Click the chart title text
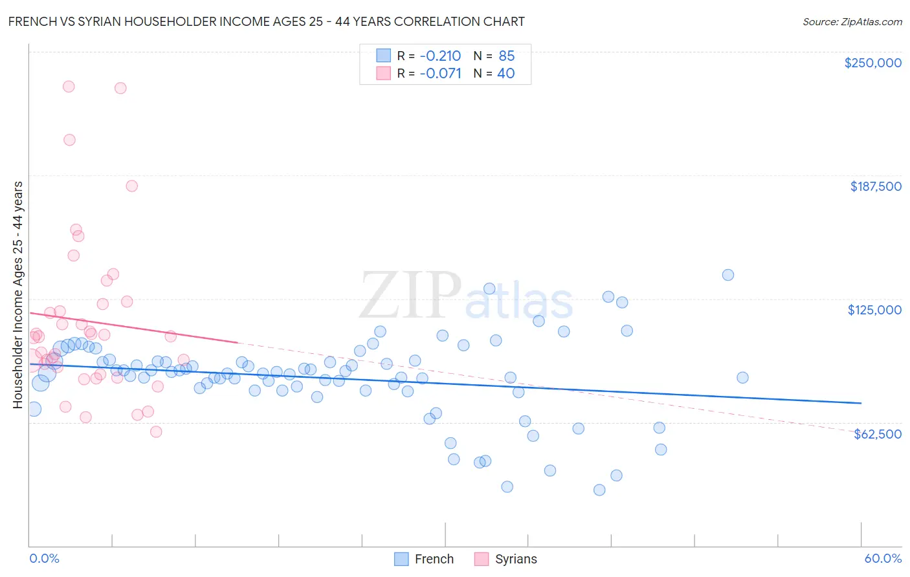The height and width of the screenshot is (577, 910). coord(266,21)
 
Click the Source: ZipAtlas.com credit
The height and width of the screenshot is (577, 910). coord(852,21)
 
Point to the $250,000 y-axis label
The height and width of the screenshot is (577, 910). coord(872,63)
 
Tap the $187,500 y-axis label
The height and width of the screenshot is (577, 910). coord(875,186)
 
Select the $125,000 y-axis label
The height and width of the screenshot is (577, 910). coord(874,310)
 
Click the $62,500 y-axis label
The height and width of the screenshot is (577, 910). coord(877,434)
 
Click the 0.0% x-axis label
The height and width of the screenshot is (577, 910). coord(44,558)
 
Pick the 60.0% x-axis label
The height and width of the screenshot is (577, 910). coord(883,558)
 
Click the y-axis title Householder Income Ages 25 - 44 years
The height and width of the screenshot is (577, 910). coord(17,295)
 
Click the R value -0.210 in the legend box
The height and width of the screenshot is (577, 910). coord(440,56)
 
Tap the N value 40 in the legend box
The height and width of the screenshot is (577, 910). coord(505,73)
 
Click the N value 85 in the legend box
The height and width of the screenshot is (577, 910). coord(506,56)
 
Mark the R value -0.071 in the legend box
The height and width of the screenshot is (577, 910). coord(440,73)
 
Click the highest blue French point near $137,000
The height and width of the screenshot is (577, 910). coord(728,275)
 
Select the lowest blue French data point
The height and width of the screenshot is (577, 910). coord(599,490)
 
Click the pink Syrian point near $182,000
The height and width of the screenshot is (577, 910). coord(131,186)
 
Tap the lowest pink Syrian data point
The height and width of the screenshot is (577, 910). coord(156,432)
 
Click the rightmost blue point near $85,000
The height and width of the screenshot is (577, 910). coord(742,378)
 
